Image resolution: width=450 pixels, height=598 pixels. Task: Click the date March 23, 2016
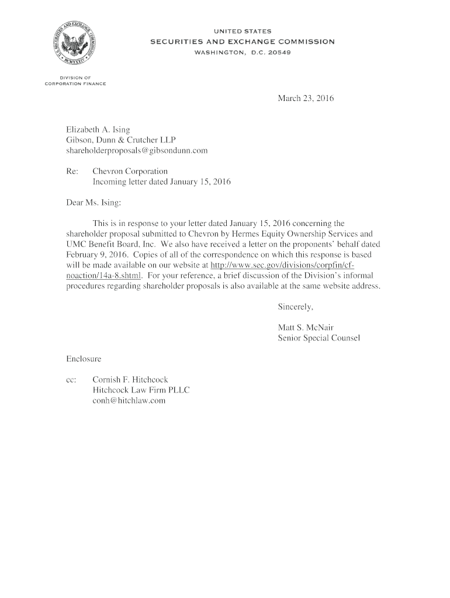click(305, 99)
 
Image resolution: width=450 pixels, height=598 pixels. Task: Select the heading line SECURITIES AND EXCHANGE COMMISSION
click(243, 41)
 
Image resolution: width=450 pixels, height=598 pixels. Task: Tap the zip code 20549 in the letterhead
click(279, 52)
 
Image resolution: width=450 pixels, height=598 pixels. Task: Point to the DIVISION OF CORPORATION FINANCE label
click(75, 81)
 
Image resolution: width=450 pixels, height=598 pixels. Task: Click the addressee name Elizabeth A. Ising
click(97, 129)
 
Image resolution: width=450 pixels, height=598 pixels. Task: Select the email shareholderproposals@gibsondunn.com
click(136, 150)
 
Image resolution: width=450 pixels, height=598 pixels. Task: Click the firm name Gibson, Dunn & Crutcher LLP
click(120, 140)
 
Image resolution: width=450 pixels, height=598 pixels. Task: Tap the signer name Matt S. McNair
click(305, 328)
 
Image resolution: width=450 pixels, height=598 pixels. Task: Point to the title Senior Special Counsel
click(319, 338)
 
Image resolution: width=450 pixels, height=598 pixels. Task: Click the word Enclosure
click(83, 358)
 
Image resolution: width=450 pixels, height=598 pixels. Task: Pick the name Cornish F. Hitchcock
click(130, 380)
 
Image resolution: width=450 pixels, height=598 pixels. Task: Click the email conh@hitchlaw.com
click(129, 401)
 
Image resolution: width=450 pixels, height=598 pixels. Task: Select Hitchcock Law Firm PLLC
click(141, 390)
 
